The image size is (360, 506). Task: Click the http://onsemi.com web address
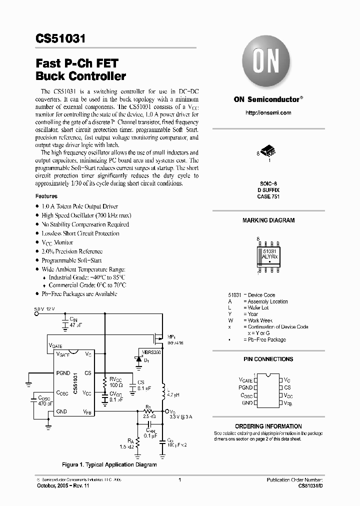click(x=268, y=113)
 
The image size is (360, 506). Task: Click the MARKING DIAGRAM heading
click(x=268, y=220)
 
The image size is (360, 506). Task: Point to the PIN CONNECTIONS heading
click(x=268, y=359)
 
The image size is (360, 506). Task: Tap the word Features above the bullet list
click(x=46, y=196)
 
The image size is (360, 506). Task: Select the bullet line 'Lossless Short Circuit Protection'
click(x=80, y=233)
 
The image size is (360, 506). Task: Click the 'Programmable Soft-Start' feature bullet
click(x=71, y=260)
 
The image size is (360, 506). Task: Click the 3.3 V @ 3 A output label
click(x=181, y=416)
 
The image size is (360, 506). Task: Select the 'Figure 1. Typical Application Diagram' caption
click(x=109, y=464)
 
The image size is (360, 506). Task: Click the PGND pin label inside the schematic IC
click(x=63, y=373)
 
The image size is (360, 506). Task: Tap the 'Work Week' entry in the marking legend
click(x=260, y=320)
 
